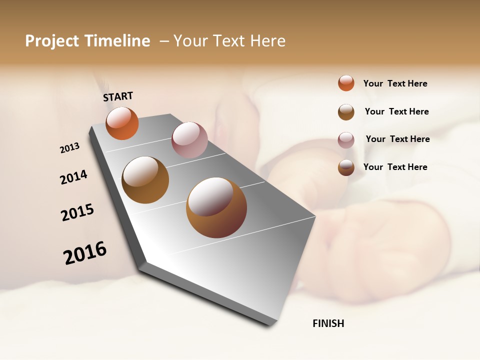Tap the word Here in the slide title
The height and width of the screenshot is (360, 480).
pos(267,41)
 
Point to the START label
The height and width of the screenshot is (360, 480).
pos(118,96)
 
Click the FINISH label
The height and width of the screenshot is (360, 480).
pos(328,323)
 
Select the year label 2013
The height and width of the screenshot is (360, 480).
pos(69,148)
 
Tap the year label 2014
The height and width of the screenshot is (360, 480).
pos(73,177)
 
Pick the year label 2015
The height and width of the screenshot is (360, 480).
pos(77,212)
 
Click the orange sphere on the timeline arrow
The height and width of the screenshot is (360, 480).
pos(122,123)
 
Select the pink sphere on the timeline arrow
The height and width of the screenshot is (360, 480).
pos(189,140)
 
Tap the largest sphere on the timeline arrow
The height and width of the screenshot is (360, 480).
pos(216,207)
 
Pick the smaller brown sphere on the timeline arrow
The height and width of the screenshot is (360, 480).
pos(145,180)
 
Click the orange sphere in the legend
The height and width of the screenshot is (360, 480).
pos(346,83)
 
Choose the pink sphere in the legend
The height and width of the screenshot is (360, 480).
pos(346,139)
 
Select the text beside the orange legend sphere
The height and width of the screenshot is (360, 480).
pos(395,83)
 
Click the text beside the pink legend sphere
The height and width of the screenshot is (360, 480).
pos(397,139)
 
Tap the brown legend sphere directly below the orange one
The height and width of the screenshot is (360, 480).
pos(346,112)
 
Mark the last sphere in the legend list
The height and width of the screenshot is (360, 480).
pos(346,167)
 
